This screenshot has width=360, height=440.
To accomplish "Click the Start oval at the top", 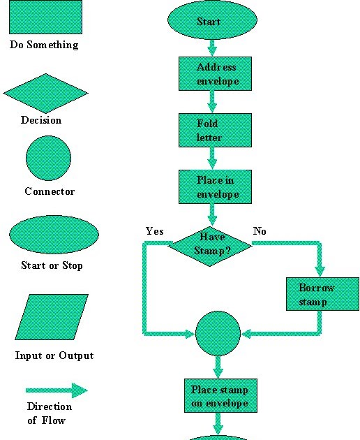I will point(209,22).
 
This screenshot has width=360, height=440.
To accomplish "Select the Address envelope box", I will point(214,74).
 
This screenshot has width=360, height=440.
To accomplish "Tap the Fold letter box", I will point(214,131).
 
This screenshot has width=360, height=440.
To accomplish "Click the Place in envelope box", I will point(214,186).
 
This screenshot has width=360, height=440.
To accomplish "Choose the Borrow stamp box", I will point(322,294).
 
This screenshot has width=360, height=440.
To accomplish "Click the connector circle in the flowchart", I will point(218,334).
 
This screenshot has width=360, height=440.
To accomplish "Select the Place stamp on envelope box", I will point(220,397).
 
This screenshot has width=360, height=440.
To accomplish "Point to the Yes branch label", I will point(154,231).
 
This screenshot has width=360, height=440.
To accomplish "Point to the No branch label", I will point(260,231).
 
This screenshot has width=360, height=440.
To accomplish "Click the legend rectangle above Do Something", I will point(45,17).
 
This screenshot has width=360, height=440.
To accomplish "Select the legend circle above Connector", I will point(48,159).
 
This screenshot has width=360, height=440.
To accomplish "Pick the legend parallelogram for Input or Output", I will point(52,317).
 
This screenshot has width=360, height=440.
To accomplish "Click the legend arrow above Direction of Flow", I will point(57,390).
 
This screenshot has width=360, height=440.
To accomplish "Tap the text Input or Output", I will point(54,355).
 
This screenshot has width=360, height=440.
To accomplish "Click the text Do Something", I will point(44,45).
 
